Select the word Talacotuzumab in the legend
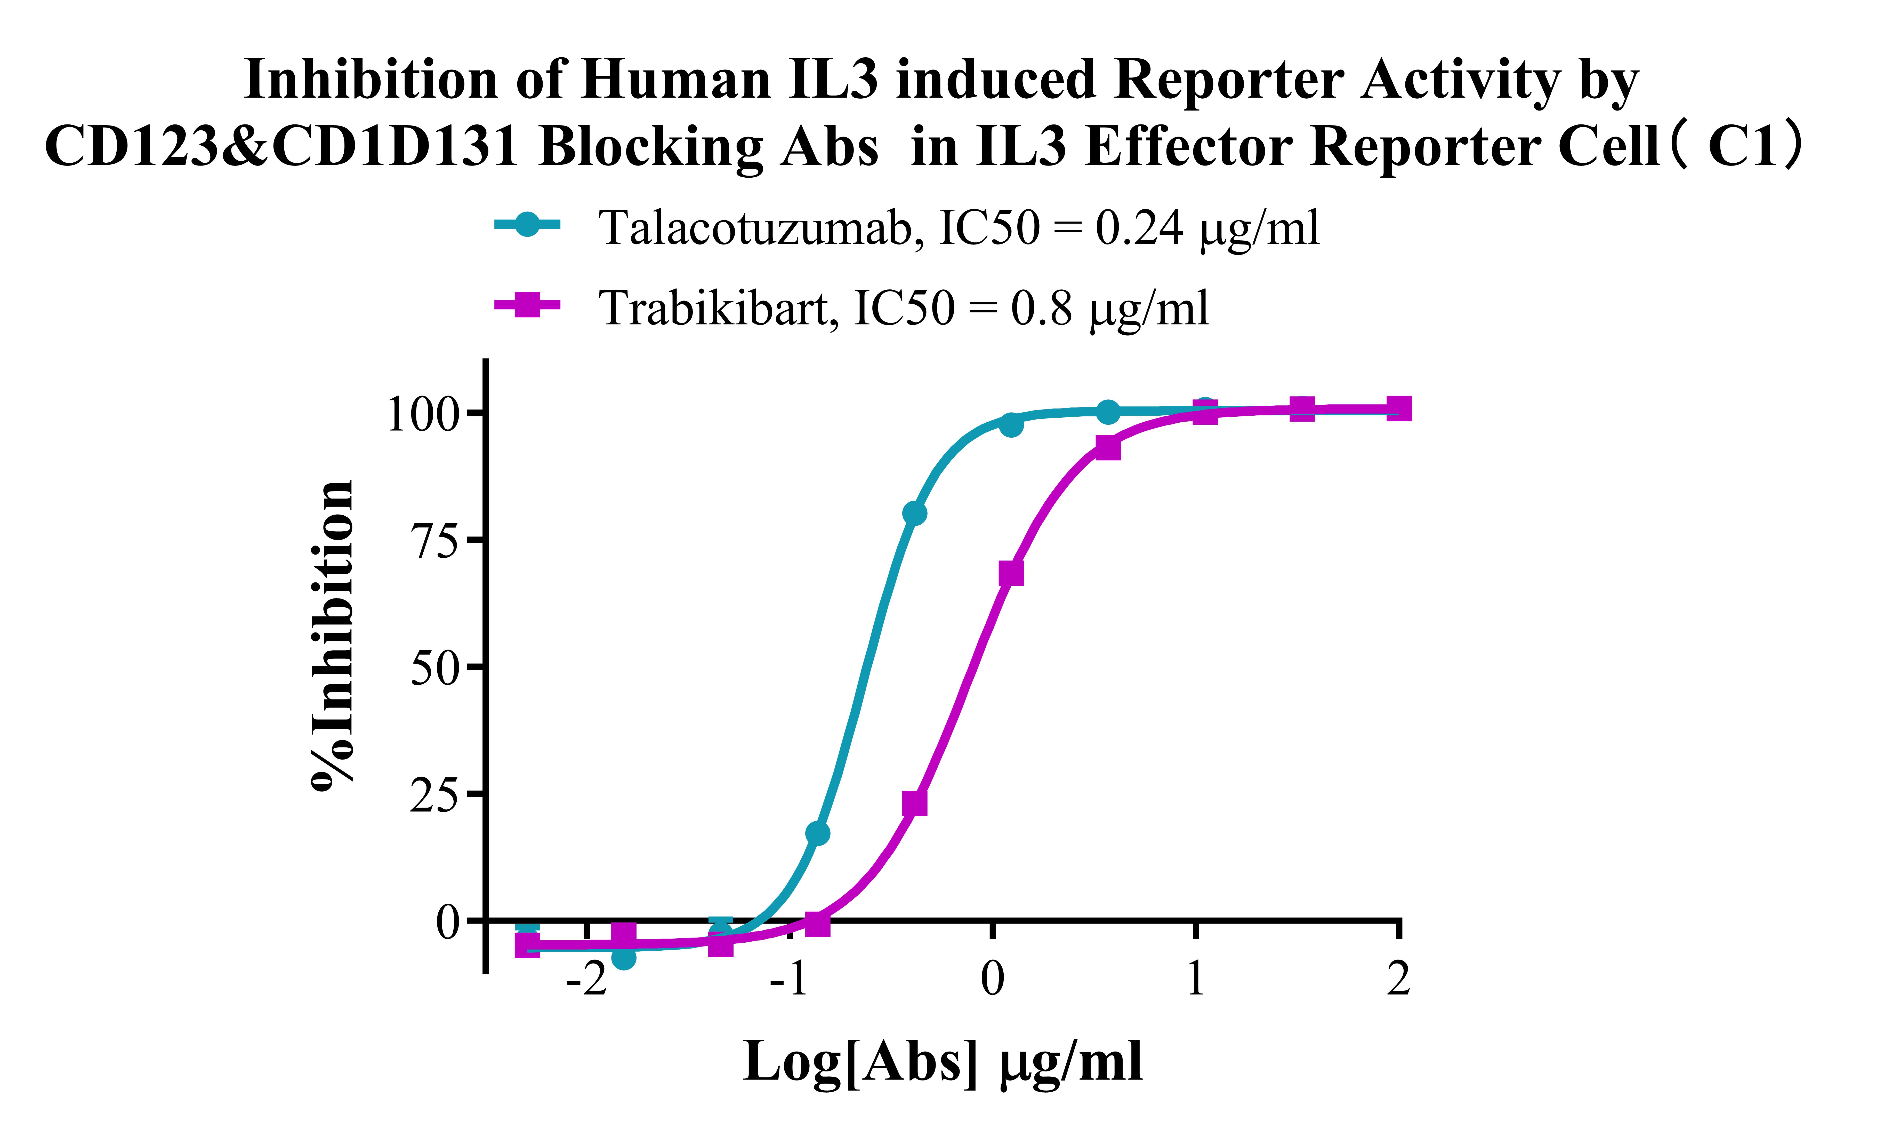(x=755, y=228)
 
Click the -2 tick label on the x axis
(x=586, y=979)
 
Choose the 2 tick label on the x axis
(x=1398, y=979)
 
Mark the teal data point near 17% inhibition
(x=817, y=833)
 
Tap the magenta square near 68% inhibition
(x=1011, y=573)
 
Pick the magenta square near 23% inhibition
(x=914, y=803)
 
